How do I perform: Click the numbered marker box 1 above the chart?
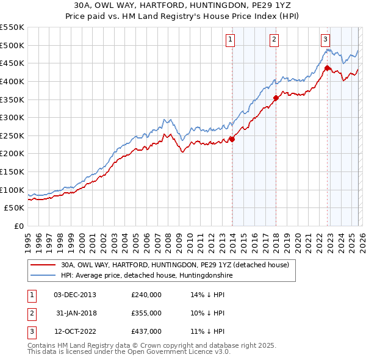pos(231,40)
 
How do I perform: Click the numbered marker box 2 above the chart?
pos(274,40)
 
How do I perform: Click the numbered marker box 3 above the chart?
pos(325,40)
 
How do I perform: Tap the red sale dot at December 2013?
pos(232,139)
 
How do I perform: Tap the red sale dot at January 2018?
pos(276,98)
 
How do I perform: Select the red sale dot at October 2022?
pos(327,68)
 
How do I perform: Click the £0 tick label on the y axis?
pos(20,226)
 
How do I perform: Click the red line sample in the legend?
pos(42,265)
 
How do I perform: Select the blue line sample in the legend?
pos(42,276)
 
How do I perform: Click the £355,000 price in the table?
pos(146,313)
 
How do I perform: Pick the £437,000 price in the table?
pos(146,331)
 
